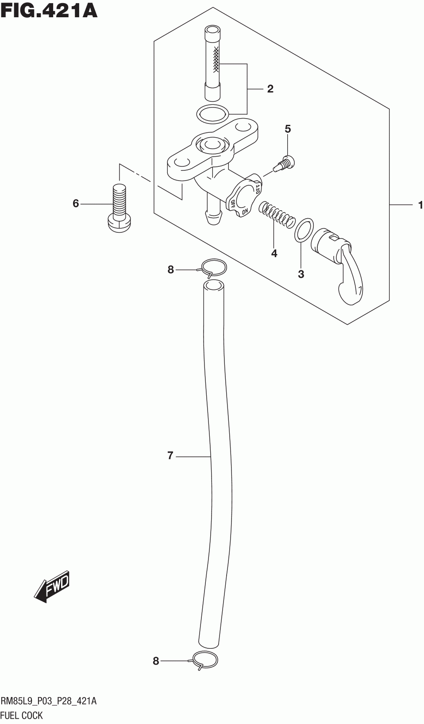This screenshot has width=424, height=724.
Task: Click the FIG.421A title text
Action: tap(49, 10)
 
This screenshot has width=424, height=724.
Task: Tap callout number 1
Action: tap(420, 205)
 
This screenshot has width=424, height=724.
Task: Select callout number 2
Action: tap(270, 89)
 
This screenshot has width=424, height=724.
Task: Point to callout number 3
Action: tap(301, 274)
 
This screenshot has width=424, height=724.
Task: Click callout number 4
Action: tap(274, 254)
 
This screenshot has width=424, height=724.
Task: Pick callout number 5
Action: tap(288, 129)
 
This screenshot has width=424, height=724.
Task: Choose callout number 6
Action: tap(76, 204)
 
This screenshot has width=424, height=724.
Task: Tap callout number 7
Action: tap(170, 455)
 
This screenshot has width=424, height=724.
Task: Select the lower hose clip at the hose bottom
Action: tap(205, 660)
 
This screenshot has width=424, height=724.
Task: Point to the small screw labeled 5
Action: tap(284, 163)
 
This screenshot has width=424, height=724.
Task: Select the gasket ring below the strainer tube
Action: tap(213, 115)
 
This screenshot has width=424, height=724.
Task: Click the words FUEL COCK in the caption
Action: tap(22, 715)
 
